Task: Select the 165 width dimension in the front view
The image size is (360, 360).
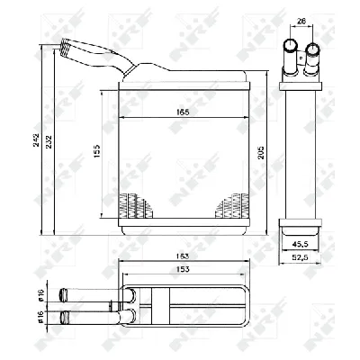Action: (183, 112)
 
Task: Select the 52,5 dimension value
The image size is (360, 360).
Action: (301, 259)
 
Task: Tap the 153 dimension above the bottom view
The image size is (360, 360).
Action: (183, 269)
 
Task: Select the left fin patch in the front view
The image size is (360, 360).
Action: (134, 206)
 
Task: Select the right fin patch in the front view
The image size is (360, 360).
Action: (230, 206)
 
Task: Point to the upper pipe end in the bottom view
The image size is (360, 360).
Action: (64, 294)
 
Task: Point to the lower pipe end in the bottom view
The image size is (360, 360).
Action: (64, 315)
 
